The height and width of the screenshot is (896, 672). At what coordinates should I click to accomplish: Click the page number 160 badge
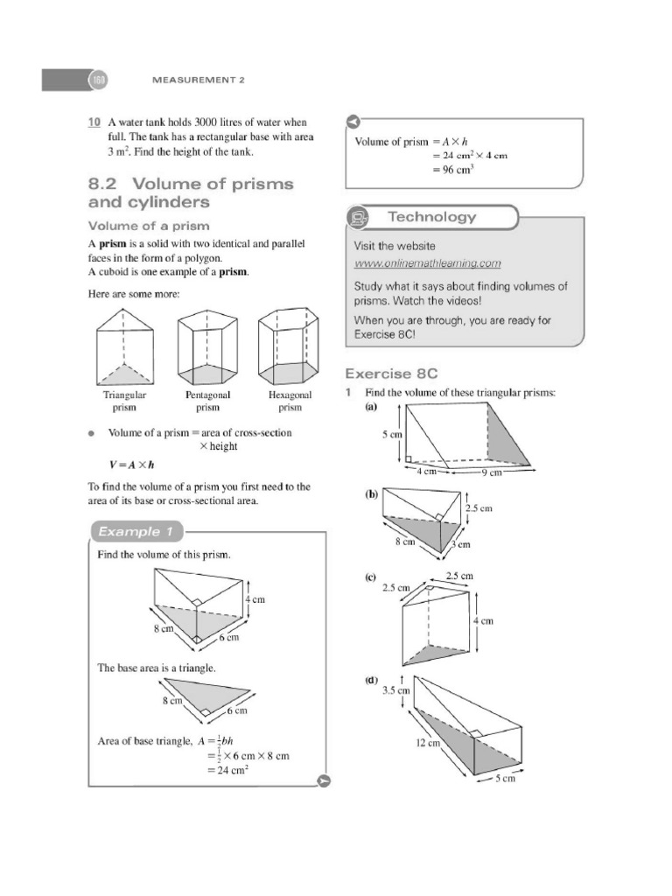tap(95, 80)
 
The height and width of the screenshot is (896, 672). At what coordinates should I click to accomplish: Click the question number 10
tap(94, 122)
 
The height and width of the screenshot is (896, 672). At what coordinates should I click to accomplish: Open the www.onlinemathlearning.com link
tap(427, 262)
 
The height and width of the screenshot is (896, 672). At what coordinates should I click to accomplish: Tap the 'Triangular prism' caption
tap(124, 401)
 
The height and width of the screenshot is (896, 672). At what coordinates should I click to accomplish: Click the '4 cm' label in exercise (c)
tap(484, 620)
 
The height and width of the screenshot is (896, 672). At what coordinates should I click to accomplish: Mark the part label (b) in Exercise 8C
tap(371, 494)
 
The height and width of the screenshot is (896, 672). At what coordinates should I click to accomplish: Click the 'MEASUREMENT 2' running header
tap(199, 80)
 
